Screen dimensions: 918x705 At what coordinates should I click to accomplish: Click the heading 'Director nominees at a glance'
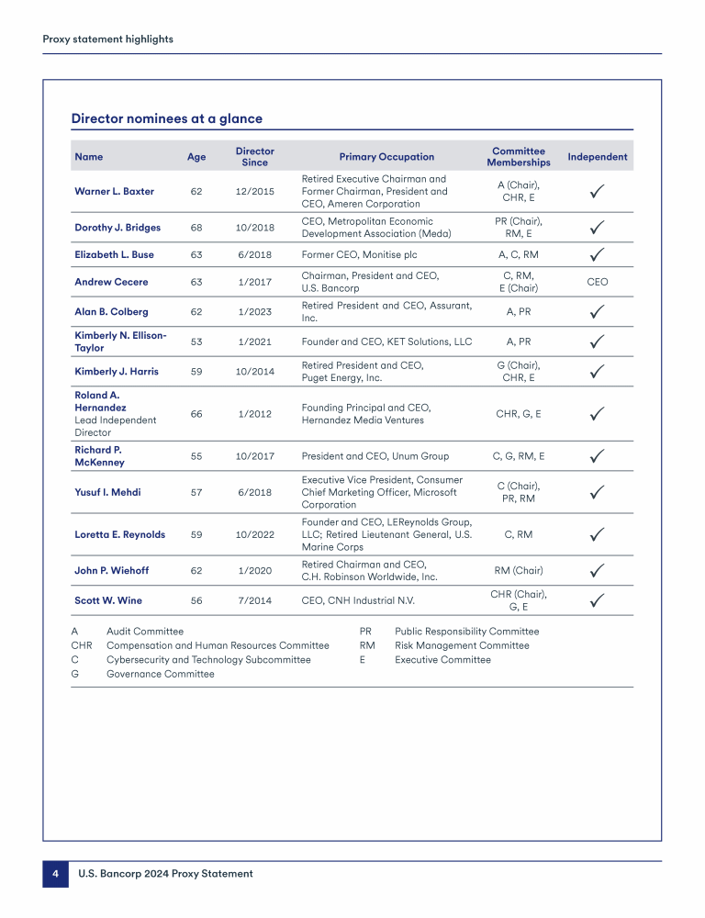[x=166, y=118]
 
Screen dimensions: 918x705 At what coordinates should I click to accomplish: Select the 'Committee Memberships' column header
[x=519, y=156]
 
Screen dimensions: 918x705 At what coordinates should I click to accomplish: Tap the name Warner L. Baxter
[x=114, y=192]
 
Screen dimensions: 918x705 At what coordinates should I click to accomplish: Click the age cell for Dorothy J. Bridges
[x=196, y=228]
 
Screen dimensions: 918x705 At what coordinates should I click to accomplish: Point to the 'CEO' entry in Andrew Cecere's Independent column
[x=597, y=282]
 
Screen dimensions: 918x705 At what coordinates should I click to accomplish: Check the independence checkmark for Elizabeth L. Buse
[x=597, y=254]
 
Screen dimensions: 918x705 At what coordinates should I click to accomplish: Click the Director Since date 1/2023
[x=254, y=312]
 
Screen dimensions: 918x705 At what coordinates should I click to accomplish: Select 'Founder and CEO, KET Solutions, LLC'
[x=386, y=341]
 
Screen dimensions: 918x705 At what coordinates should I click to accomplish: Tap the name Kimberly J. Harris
[x=116, y=372]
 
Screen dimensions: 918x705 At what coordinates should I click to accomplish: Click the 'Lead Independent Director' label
[x=115, y=426]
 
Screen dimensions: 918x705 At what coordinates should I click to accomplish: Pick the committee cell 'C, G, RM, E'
[x=519, y=456]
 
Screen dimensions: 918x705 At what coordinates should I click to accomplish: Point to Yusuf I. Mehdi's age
[x=196, y=493]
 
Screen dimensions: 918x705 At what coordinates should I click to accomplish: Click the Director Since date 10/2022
[x=254, y=534]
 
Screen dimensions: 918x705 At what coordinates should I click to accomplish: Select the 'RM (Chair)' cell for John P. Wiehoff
[x=519, y=571]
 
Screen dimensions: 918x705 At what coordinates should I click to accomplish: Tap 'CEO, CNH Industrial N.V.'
[x=358, y=601]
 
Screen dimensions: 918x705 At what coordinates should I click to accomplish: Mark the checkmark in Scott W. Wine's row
[x=597, y=600]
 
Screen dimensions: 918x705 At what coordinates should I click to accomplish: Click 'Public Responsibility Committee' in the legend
[x=466, y=632]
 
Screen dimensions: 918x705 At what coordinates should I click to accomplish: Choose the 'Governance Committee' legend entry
[x=160, y=674]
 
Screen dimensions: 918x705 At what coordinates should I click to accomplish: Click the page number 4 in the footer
[x=55, y=874]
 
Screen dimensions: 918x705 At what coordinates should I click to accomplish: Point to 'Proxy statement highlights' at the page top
[x=107, y=39]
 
